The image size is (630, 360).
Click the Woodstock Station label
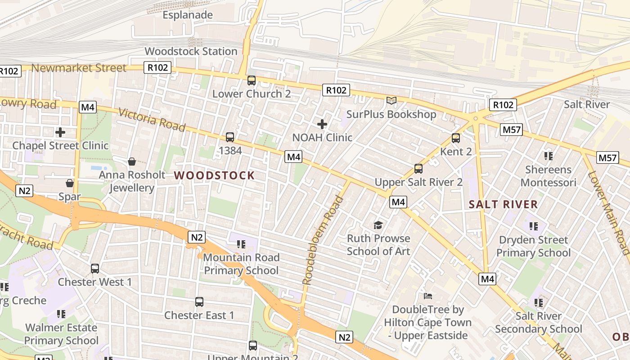[191, 51]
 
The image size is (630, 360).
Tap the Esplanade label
[188, 15]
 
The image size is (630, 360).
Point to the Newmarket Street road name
[79, 68]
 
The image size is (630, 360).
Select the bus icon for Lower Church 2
[252, 81]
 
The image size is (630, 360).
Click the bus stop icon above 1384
[230, 137]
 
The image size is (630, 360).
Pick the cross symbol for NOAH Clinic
[322, 124]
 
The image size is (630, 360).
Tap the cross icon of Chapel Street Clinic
[60, 132]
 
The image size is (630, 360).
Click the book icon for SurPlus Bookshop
[391, 101]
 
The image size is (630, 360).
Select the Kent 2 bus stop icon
[456, 138]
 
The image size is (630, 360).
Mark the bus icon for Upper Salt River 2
[418, 169]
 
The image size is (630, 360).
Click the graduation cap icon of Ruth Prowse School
[378, 225]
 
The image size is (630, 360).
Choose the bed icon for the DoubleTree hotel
[428, 296]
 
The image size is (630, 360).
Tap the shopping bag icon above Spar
[70, 183]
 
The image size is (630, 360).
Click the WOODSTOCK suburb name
[214, 175]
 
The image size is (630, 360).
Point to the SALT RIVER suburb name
[503, 204]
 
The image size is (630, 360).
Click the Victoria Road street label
[152, 119]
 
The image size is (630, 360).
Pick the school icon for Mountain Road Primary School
[241, 244]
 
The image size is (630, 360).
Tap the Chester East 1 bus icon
[199, 301]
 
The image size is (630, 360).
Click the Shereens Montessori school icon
[548, 156]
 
